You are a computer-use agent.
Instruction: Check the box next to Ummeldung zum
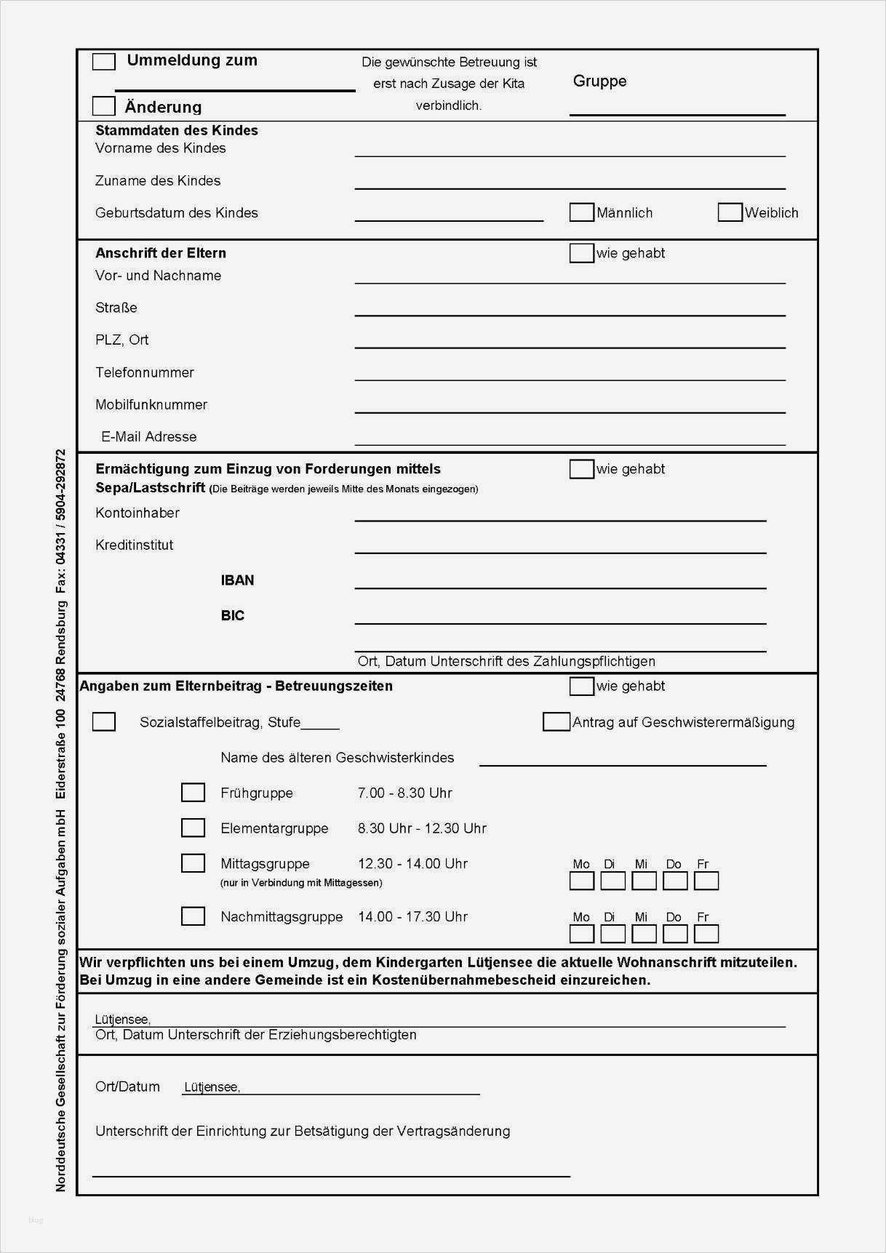[x=104, y=62]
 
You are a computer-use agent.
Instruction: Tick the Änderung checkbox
[x=104, y=106]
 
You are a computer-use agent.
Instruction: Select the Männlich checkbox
[x=581, y=212]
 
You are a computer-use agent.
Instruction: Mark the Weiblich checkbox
[x=730, y=212]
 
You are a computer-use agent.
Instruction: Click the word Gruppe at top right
[x=599, y=81]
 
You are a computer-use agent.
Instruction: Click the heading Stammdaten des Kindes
[x=177, y=131]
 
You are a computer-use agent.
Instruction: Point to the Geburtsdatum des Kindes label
[x=177, y=213]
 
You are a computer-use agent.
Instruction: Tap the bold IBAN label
[x=237, y=580]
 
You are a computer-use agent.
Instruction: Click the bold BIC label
[x=233, y=616]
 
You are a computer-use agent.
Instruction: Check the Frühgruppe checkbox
[x=193, y=793]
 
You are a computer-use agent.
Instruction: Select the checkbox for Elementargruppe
[x=193, y=828]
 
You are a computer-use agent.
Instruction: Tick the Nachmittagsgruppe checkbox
[x=193, y=916]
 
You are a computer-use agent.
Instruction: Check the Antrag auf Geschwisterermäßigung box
[x=556, y=722]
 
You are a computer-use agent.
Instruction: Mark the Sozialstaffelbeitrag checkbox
[x=104, y=722]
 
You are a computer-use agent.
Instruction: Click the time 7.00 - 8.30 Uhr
[x=404, y=793]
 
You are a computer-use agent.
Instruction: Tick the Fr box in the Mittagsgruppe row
[x=706, y=881]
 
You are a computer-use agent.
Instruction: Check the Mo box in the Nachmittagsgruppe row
[x=582, y=934]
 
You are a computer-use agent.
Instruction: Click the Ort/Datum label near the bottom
[x=127, y=1087]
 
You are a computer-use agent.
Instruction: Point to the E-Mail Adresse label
[x=149, y=437]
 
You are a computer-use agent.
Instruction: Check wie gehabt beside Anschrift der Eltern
[x=581, y=253]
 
